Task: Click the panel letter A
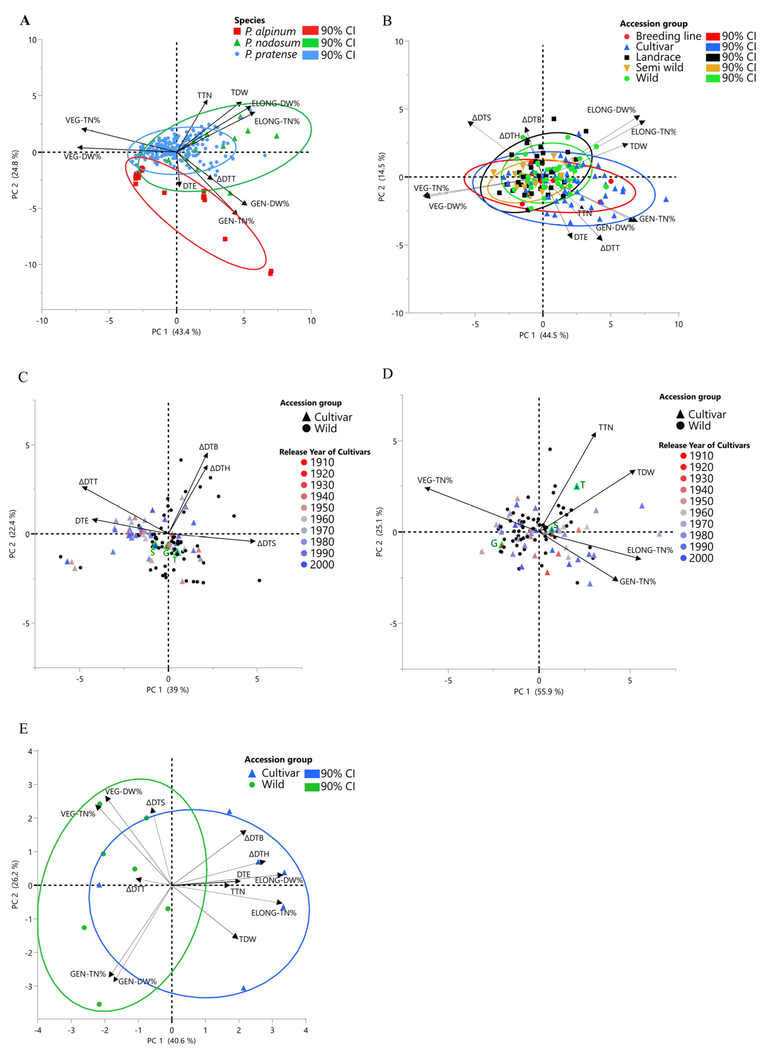pyautogui.click(x=25, y=20)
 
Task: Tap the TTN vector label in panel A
pyautogui.click(x=204, y=96)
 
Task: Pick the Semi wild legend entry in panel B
pyautogui.click(x=659, y=68)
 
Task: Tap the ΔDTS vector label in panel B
pyautogui.click(x=481, y=118)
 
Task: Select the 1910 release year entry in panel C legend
pyautogui.click(x=322, y=462)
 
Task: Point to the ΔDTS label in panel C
pyautogui.click(x=267, y=543)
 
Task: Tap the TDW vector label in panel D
pyautogui.click(x=645, y=472)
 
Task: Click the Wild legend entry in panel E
pyautogui.click(x=273, y=784)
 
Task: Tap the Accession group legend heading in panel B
pyautogui.click(x=653, y=24)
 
